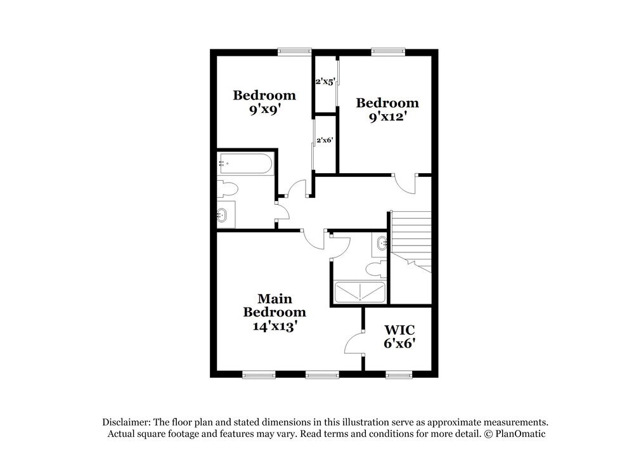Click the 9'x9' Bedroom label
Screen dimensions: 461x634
[x=264, y=102]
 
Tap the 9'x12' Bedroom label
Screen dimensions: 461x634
[x=387, y=109]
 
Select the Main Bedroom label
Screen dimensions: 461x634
[x=275, y=305]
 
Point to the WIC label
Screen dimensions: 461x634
[x=400, y=330]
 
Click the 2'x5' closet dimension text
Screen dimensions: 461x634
[x=325, y=81]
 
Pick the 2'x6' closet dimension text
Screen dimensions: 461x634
[x=325, y=140]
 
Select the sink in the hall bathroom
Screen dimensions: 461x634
[x=224, y=214]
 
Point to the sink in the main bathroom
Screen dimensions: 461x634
[x=381, y=242]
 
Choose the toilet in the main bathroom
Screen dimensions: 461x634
[x=376, y=268]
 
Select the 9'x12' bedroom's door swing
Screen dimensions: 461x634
[x=405, y=183]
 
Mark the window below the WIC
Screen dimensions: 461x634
[x=398, y=375]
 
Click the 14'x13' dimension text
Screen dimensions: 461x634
[x=275, y=326]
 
